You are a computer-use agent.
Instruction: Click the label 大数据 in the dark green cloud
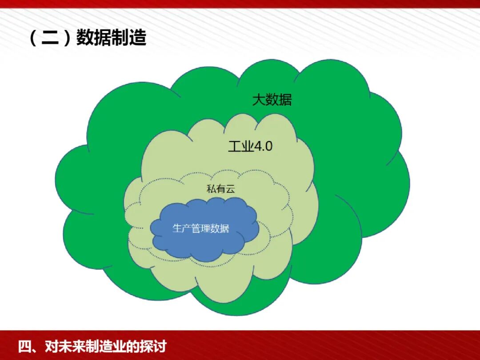point(272,100)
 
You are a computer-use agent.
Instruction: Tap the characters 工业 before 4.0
point(240,146)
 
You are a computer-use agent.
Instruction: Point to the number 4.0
point(263,146)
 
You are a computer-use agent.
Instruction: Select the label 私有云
point(220,189)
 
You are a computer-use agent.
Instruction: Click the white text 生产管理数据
point(201,228)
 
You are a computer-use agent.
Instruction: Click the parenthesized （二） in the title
point(49,38)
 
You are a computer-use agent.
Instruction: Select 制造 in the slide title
point(129,38)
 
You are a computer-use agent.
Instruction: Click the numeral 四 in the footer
point(24,346)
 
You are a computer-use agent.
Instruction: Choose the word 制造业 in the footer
point(102,346)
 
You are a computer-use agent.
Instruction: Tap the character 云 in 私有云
point(230,189)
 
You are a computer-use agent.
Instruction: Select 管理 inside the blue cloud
point(201,228)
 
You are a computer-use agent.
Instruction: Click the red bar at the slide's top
point(240,4)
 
